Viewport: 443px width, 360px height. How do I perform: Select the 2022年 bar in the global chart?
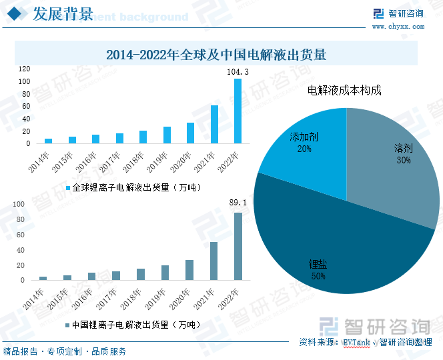(x=238, y=111)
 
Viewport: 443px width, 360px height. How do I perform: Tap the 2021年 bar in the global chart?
(x=214, y=125)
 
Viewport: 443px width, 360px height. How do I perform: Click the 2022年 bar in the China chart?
(x=238, y=246)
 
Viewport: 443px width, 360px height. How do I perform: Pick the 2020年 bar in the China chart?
(x=189, y=270)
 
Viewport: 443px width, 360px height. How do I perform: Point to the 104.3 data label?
(x=238, y=71)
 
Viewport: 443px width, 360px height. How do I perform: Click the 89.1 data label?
(x=238, y=202)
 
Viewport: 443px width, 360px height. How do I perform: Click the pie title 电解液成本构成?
(x=344, y=90)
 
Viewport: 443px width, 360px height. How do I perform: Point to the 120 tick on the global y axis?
(x=24, y=69)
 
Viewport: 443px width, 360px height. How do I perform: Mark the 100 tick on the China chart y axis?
(x=19, y=204)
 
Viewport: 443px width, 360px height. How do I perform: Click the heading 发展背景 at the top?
(x=63, y=15)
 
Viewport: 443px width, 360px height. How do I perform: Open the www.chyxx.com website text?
(x=398, y=27)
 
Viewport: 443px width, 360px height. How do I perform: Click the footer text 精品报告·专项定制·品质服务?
(x=65, y=351)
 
